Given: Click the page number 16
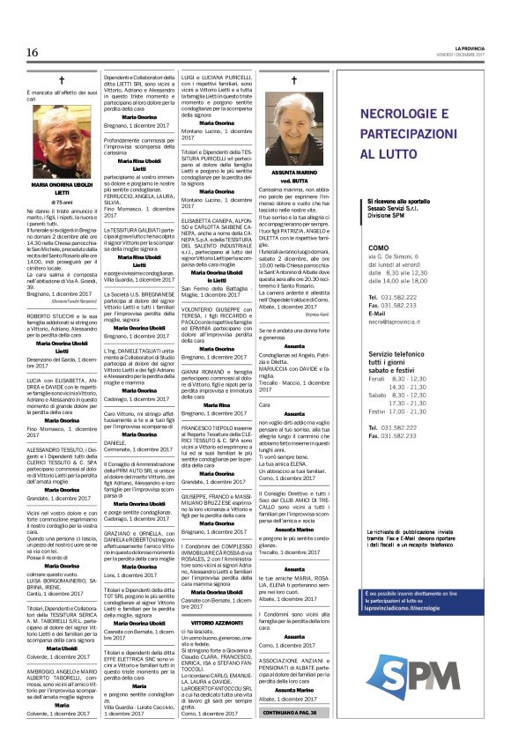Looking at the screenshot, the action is pyautogui.click(x=32, y=53).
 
